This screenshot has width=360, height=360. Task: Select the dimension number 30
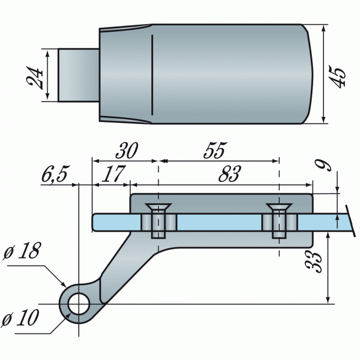tap(126, 150)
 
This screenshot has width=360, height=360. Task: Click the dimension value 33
tap(314, 260)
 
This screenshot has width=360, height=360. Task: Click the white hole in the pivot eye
tap(79, 304)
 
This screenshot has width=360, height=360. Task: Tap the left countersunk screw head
tap(158, 209)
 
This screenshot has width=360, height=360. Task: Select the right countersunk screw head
tap(279, 209)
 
